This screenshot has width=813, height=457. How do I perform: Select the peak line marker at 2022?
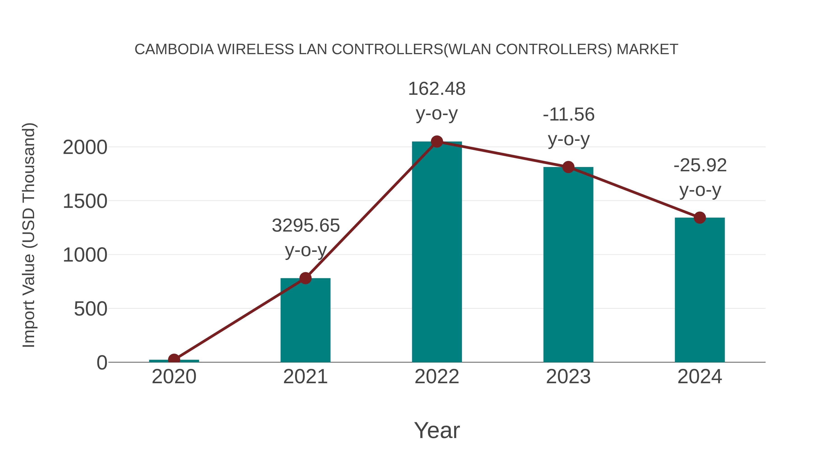(x=437, y=142)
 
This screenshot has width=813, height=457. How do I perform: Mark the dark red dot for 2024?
(x=700, y=218)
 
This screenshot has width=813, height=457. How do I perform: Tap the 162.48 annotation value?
(x=437, y=89)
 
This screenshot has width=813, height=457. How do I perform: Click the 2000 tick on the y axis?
(x=85, y=147)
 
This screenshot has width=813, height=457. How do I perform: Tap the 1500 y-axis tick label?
(x=85, y=201)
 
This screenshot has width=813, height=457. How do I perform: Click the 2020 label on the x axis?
(x=174, y=377)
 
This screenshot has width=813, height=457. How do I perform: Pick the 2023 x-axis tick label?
(x=568, y=377)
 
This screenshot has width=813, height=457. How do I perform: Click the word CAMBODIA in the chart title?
(x=174, y=49)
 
